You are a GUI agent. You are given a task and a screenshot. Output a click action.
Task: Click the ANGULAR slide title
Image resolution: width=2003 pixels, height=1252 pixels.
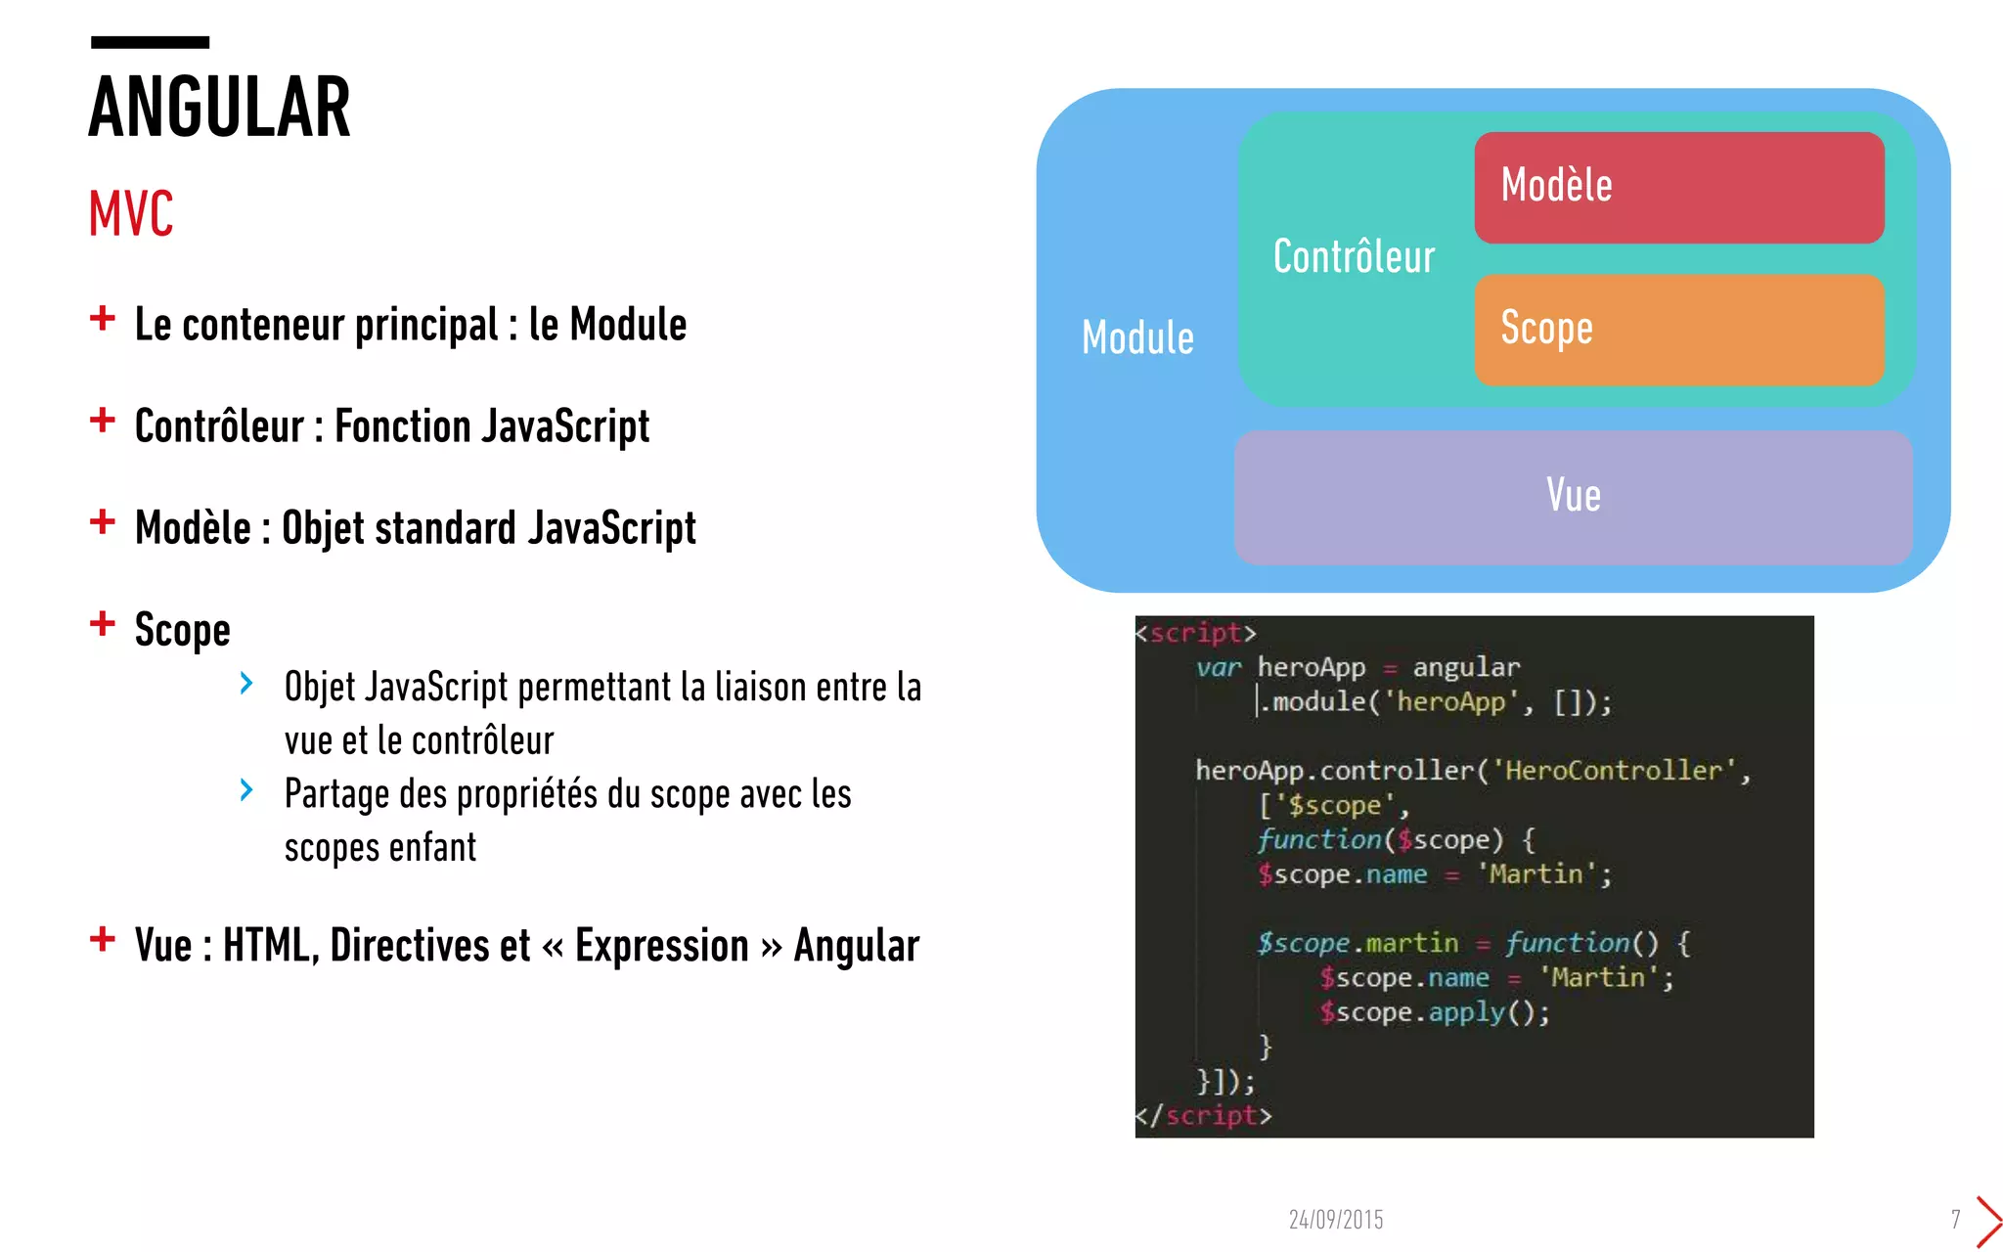point(219,107)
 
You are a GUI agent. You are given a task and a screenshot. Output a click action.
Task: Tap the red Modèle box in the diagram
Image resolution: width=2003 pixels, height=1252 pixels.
point(1678,187)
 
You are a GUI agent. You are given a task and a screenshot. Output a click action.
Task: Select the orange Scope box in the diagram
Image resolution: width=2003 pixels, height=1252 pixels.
point(1678,330)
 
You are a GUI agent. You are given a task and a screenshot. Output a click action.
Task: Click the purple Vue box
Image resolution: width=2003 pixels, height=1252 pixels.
point(1573,497)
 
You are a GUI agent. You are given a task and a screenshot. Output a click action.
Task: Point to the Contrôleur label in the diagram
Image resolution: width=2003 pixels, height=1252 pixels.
point(1354,257)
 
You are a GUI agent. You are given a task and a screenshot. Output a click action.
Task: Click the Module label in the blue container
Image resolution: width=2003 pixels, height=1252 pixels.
point(1137,338)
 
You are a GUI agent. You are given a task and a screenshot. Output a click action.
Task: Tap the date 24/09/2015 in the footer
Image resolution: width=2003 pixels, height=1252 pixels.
point(1335,1220)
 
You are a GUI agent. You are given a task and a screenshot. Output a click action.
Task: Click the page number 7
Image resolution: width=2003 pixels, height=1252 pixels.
point(1955,1220)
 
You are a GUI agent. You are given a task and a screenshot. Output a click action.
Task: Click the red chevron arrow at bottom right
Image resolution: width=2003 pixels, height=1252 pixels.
point(1988,1221)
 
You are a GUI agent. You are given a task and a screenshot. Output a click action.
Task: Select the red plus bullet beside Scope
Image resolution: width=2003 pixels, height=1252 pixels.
point(103,623)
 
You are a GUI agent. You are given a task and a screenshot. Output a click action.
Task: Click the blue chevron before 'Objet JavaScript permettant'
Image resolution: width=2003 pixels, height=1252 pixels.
point(246,684)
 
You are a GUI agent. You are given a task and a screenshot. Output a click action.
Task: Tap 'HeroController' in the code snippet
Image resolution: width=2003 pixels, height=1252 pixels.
point(1613,771)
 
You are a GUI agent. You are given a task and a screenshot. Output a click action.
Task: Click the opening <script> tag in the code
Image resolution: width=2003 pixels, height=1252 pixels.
point(1195,633)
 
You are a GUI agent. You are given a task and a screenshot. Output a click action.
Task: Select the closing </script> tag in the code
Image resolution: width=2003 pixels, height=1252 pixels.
point(1203,1116)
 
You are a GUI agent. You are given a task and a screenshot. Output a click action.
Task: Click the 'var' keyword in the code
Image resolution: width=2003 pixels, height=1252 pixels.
point(1218,668)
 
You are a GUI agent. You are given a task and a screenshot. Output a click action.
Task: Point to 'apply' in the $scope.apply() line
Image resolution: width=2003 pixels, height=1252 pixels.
point(1466,1012)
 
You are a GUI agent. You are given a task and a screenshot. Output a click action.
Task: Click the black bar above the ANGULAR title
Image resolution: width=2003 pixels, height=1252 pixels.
point(150,42)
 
